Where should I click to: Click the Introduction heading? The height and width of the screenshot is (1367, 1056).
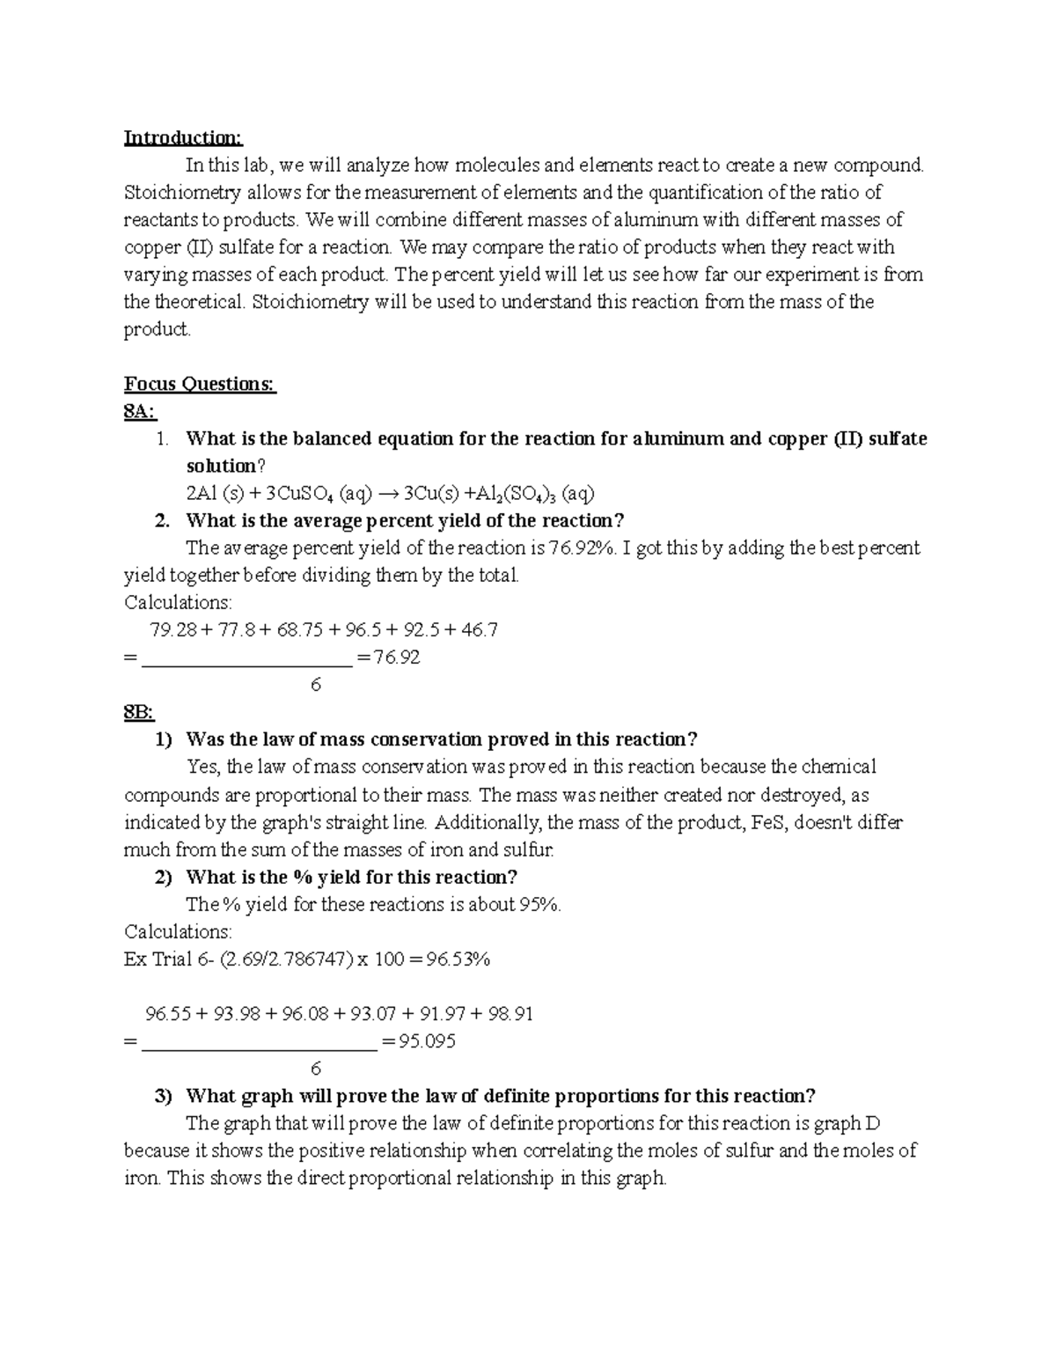pyautogui.click(x=182, y=138)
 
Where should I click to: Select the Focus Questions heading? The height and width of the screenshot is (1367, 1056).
pyautogui.click(x=200, y=385)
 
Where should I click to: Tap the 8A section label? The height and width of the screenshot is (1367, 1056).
pyautogui.click(x=140, y=412)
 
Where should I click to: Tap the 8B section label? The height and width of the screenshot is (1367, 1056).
pyautogui.click(x=139, y=712)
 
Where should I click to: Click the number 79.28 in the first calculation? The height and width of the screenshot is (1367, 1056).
pyautogui.click(x=174, y=630)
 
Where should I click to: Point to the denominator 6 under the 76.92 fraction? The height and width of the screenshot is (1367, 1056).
pyautogui.click(x=316, y=684)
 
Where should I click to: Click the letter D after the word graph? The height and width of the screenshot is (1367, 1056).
pyautogui.click(x=872, y=1124)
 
